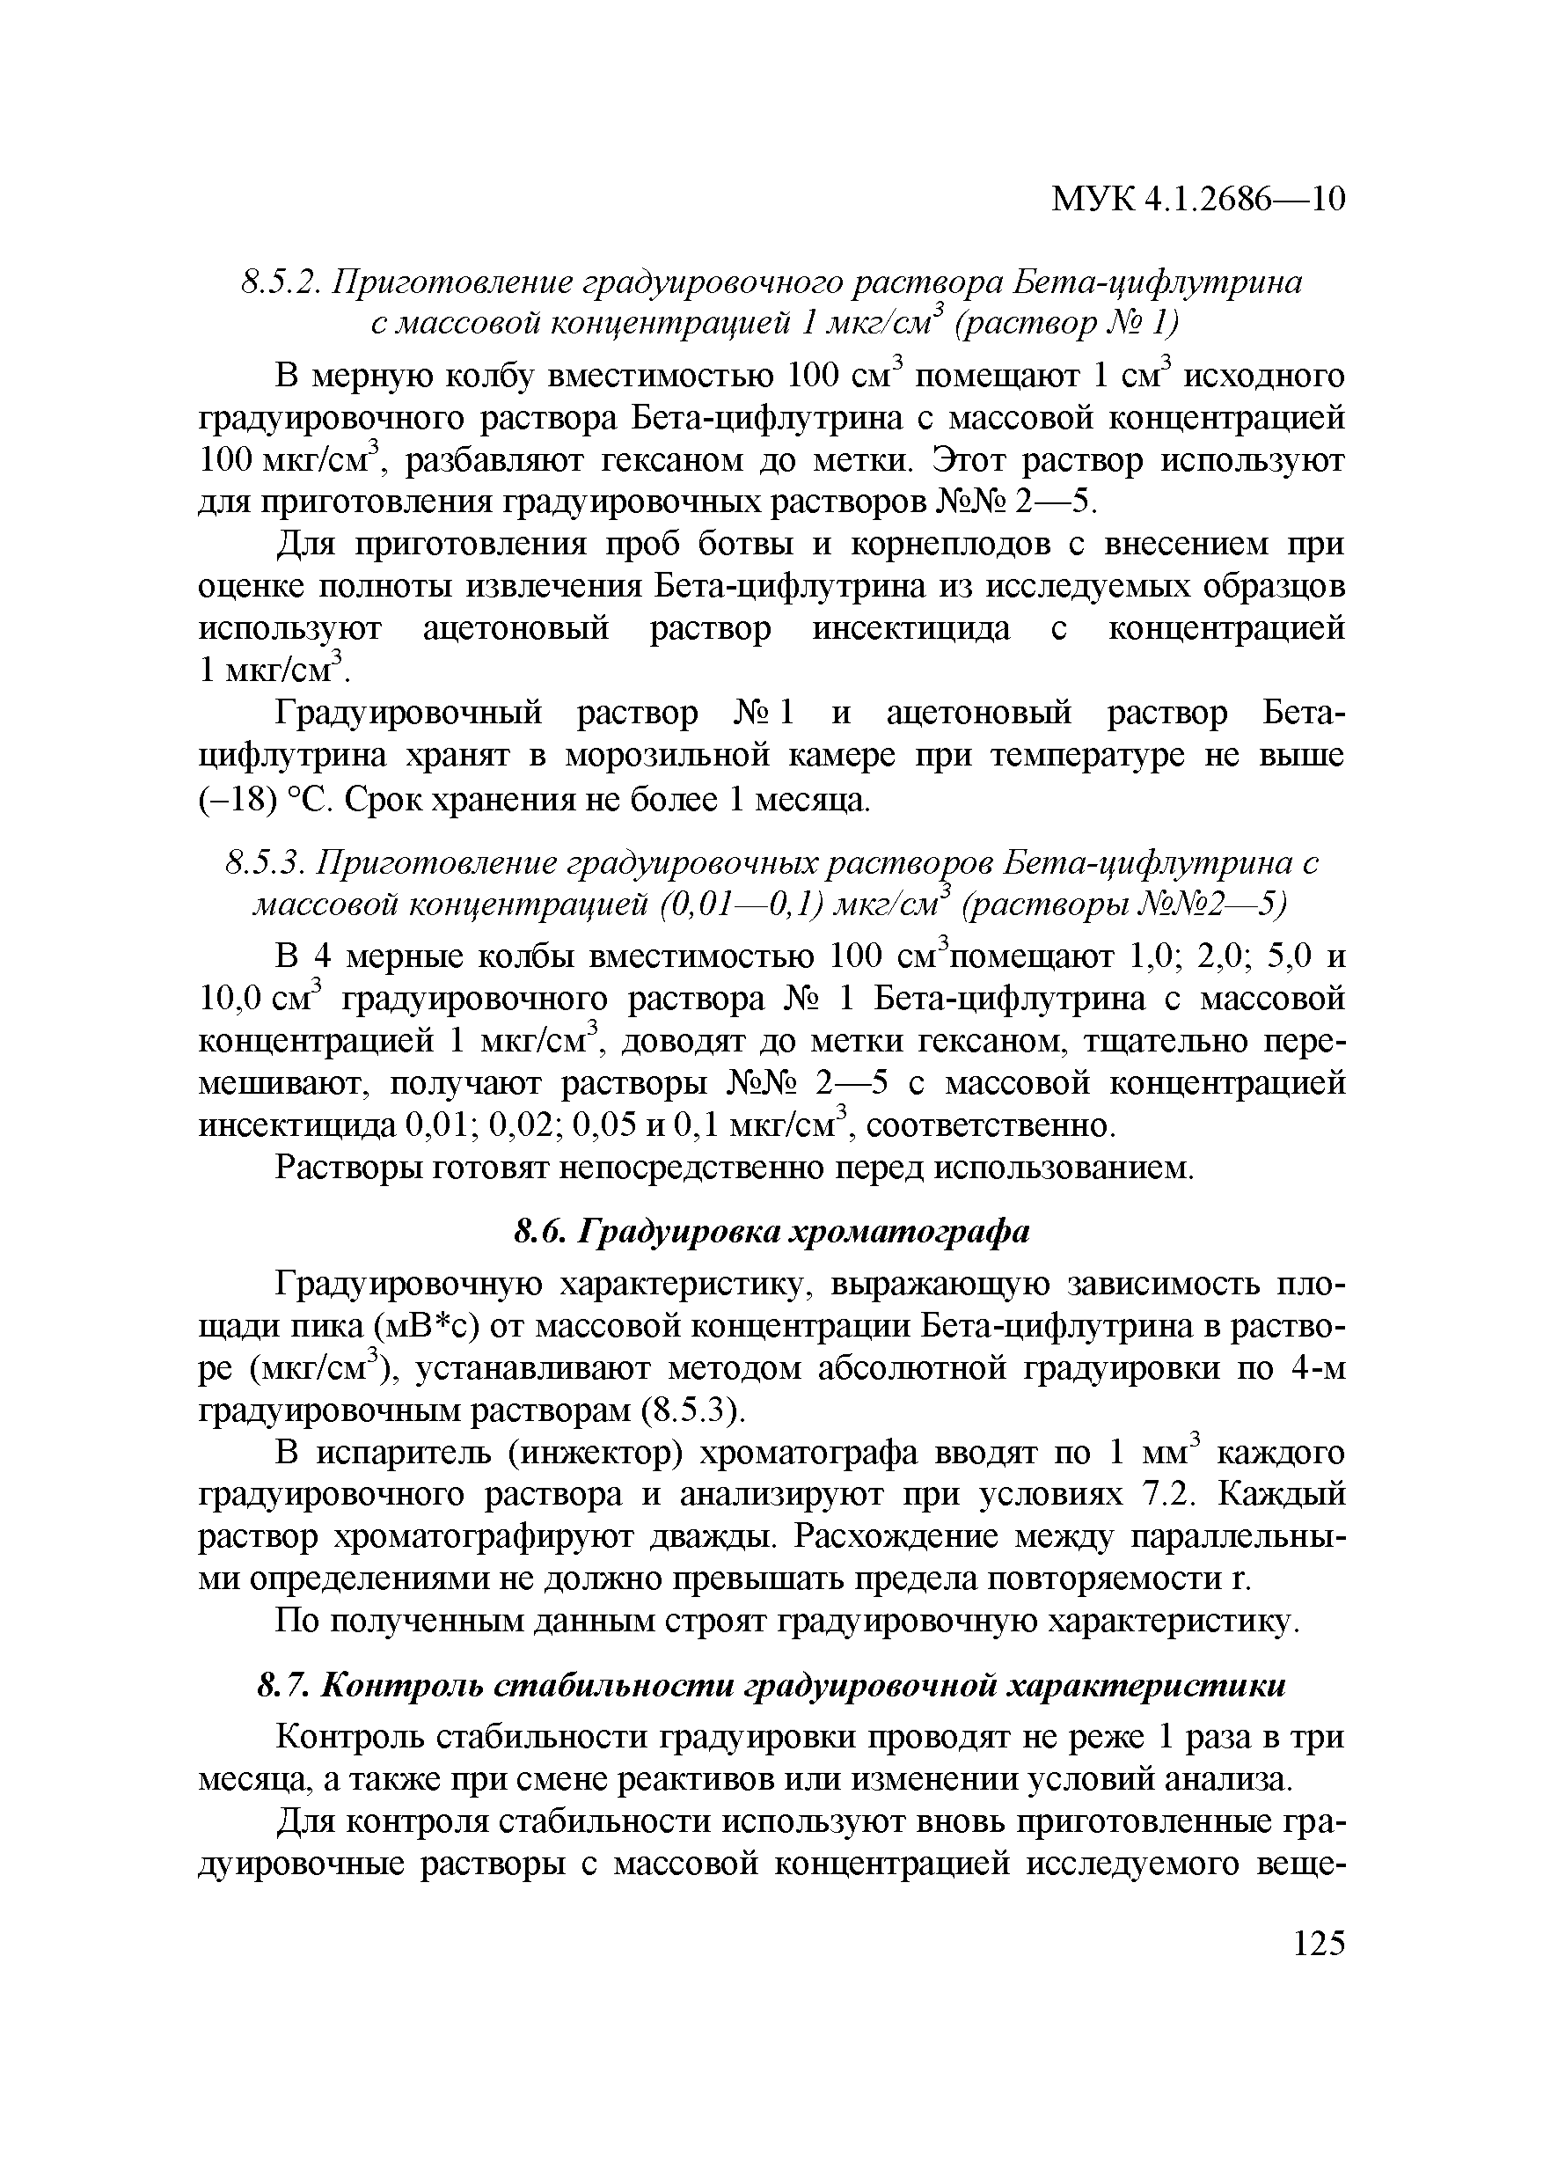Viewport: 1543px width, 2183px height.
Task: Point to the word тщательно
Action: point(1153,1042)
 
